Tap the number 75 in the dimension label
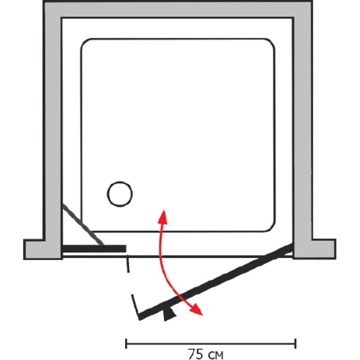coord(196,354)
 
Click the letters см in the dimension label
coord(216,355)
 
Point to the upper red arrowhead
coord(162,216)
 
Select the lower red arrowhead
coord(196,310)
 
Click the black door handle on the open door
coord(170,314)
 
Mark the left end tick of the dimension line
coord(126,343)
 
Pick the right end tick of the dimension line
coord(295,343)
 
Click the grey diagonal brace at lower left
coord(83,225)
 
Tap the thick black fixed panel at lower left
coord(94,249)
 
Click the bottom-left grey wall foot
coord(43,249)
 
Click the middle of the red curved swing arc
coord(161,256)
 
